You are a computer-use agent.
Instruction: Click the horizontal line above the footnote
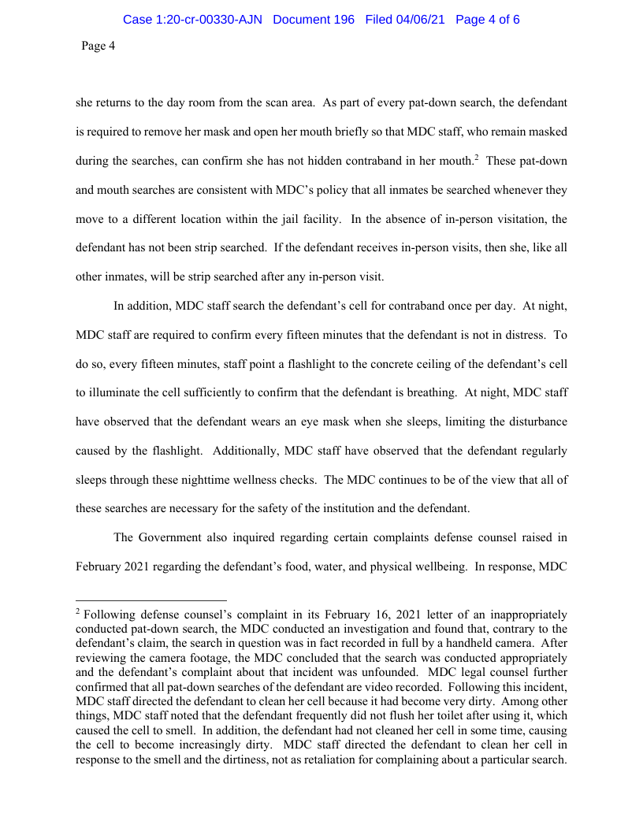click(151, 599)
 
